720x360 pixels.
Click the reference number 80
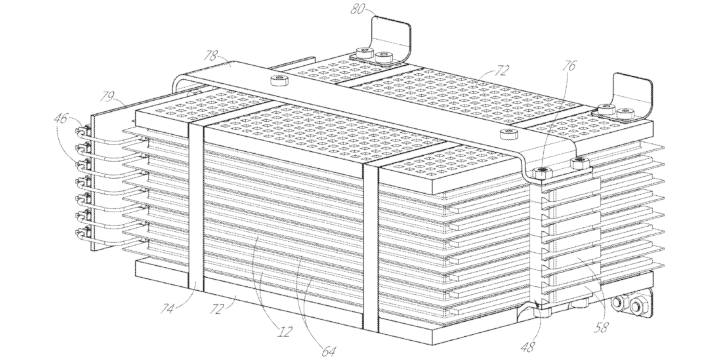click(x=357, y=9)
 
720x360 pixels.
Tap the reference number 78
click(x=210, y=56)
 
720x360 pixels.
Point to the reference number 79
click(x=107, y=96)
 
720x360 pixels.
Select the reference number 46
click(x=61, y=118)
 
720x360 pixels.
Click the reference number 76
click(x=568, y=66)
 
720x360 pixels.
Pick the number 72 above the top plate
click(x=501, y=70)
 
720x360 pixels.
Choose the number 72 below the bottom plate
click(x=216, y=308)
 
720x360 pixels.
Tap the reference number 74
click(x=168, y=308)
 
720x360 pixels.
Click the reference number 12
click(x=285, y=332)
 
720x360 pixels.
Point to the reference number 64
click(x=328, y=351)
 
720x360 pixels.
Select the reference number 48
click(x=528, y=347)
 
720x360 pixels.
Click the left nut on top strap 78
click(x=279, y=81)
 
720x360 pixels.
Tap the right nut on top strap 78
click(x=509, y=134)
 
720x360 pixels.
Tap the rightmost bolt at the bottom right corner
click(x=638, y=306)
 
